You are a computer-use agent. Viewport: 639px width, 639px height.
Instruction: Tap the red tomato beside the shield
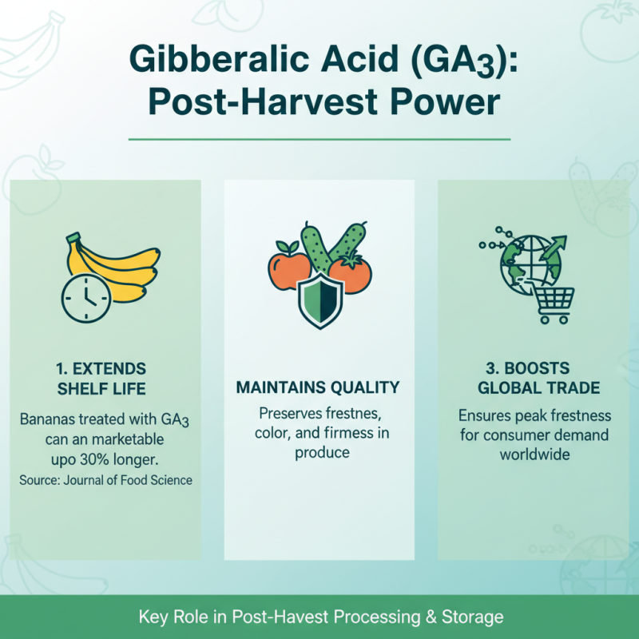coord(351,274)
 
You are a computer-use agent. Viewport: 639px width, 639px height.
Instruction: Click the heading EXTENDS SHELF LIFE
coord(101,379)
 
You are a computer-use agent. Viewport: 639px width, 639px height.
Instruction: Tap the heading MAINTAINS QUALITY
coord(318,388)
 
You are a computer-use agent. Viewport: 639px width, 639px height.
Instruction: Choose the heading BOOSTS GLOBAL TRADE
coord(534,379)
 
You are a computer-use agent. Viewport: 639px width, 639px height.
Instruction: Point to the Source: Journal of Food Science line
coord(105,481)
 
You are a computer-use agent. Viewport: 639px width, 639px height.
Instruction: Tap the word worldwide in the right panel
coord(534,454)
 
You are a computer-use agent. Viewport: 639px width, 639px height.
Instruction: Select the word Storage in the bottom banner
coord(471,617)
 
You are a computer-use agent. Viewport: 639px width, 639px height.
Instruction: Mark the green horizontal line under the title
coord(319,139)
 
